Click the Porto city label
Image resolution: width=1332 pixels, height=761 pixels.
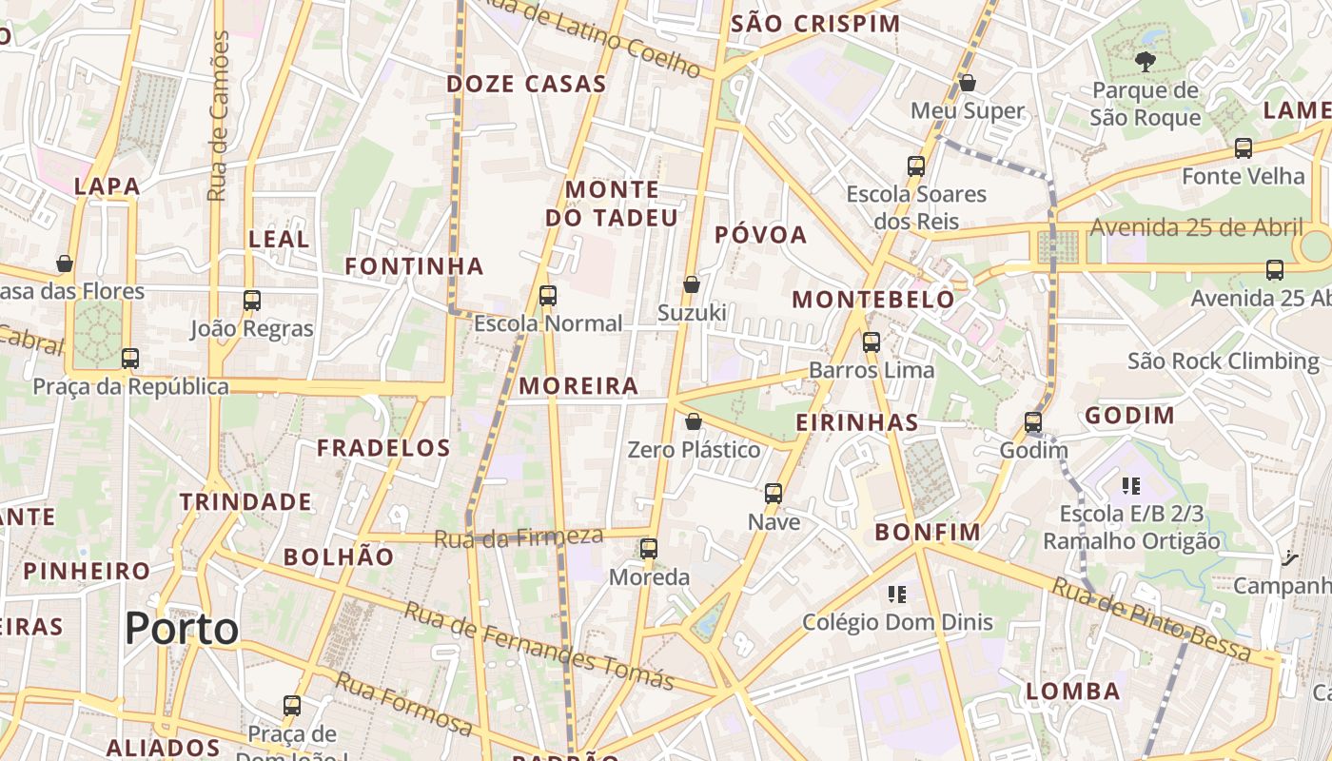click(x=182, y=629)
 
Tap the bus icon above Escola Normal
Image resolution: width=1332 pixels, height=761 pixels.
click(x=548, y=295)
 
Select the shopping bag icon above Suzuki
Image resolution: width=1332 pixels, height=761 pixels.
click(x=692, y=284)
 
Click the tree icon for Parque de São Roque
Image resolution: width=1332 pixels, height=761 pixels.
click(x=1145, y=63)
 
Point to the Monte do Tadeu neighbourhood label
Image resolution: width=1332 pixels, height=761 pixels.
click(x=612, y=204)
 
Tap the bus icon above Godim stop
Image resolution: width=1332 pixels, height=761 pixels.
click(x=1033, y=421)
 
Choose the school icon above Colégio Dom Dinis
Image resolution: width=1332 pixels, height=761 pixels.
click(x=896, y=595)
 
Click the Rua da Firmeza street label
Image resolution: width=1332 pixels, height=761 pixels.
click(x=519, y=537)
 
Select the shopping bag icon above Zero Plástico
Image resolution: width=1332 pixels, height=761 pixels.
click(x=694, y=421)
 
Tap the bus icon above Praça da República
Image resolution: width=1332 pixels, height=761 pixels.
click(x=130, y=359)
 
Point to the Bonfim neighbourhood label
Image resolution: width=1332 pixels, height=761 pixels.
click(x=928, y=532)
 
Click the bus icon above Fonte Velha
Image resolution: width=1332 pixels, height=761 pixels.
click(x=1244, y=147)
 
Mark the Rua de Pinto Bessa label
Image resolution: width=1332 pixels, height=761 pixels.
click(x=1151, y=619)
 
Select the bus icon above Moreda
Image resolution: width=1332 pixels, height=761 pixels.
click(x=649, y=548)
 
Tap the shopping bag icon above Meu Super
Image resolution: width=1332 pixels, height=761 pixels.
click(x=968, y=83)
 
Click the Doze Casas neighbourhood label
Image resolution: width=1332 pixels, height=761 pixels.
click(x=526, y=84)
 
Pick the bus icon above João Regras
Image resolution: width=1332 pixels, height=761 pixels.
click(x=252, y=301)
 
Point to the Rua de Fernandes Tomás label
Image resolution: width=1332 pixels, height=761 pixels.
click(x=539, y=646)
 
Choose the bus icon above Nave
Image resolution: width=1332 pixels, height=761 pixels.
click(x=774, y=494)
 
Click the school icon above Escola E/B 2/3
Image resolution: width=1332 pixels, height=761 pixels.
click(x=1131, y=486)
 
